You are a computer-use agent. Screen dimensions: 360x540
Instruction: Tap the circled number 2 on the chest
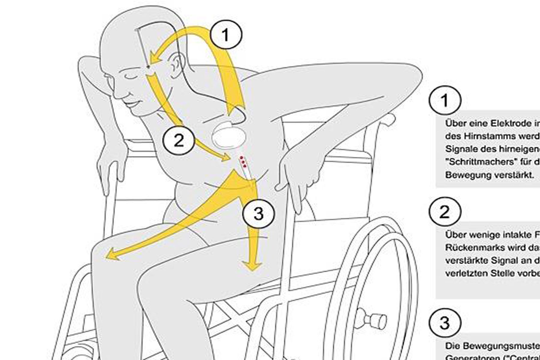point(179,140)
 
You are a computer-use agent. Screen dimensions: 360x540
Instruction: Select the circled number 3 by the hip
point(258,213)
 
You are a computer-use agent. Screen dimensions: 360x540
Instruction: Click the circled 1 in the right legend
point(445,100)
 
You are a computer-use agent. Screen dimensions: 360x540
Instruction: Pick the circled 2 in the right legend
point(445,212)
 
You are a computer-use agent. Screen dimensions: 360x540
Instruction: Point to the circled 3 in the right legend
point(445,323)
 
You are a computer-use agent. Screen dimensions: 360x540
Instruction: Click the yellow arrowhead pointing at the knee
point(110,254)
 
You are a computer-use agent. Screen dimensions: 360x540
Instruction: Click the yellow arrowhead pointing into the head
point(155,59)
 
